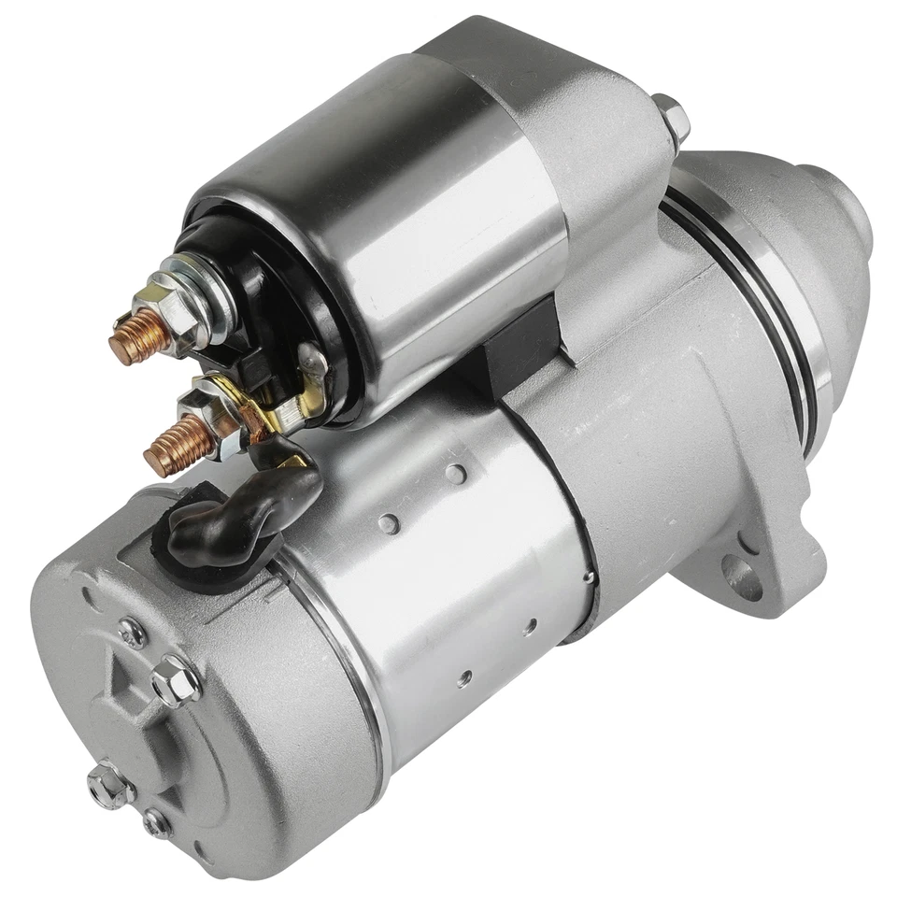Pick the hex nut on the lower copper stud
coord(210,417)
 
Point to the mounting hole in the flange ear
coord(745,580)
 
